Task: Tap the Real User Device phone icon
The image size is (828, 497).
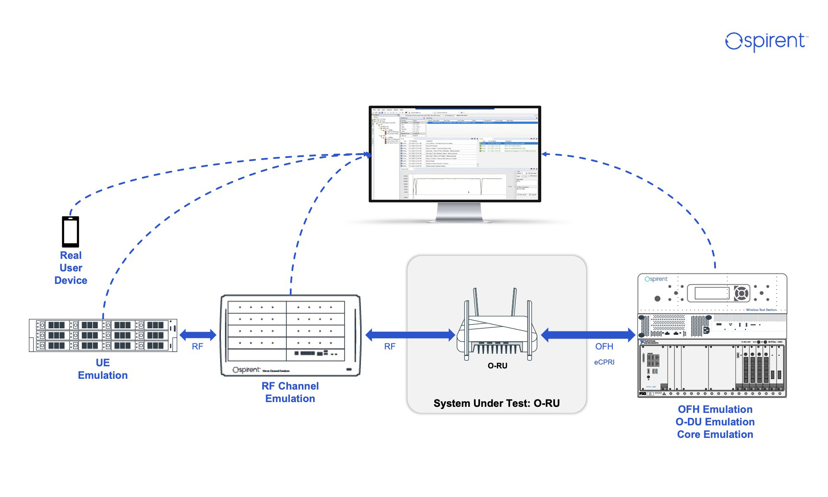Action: (x=71, y=232)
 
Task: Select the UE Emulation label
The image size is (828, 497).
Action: (x=103, y=369)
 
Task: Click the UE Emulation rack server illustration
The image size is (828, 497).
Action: (x=103, y=335)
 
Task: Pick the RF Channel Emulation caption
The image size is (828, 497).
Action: (x=290, y=392)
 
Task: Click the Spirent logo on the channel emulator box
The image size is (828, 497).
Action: (x=246, y=370)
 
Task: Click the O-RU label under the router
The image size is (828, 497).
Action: (x=497, y=366)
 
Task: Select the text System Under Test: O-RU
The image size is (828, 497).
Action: (x=496, y=403)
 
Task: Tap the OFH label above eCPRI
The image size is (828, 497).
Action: (x=604, y=346)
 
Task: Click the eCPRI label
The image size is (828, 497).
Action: (x=604, y=362)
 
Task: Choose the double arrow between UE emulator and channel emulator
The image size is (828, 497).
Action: (x=198, y=334)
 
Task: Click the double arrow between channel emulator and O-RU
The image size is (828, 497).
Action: (x=410, y=334)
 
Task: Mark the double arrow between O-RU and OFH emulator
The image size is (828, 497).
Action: (x=588, y=334)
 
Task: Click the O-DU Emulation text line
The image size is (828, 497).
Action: (x=715, y=422)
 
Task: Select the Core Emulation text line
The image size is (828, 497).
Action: (x=715, y=434)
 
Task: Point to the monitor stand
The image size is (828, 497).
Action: (x=459, y=212)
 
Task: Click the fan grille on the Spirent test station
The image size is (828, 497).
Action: (x=741, y=294)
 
